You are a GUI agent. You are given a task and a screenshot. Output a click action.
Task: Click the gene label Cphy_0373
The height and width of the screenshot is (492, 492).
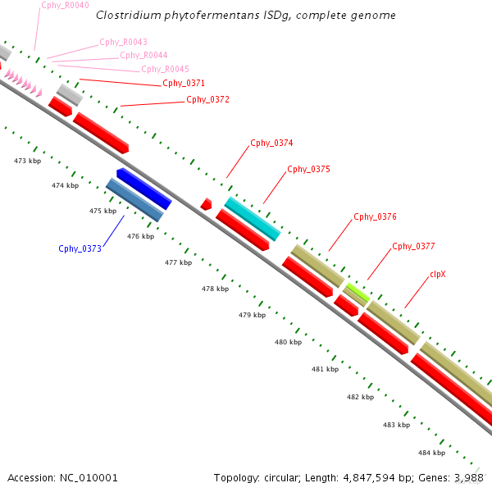pos(80,248)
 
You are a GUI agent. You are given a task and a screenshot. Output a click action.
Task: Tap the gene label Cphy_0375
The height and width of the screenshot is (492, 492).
pos(308,170)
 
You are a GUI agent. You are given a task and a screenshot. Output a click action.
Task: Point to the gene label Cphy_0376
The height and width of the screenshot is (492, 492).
pos(375,217)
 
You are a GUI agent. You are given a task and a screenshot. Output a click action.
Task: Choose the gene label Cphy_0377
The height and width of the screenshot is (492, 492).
pos(413,247)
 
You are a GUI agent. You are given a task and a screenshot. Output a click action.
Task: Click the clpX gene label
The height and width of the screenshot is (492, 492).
pos(438,275)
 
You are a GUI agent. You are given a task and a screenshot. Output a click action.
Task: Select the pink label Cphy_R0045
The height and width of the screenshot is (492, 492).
pos(165,70)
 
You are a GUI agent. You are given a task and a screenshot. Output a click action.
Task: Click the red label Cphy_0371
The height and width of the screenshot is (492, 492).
pos(184,84)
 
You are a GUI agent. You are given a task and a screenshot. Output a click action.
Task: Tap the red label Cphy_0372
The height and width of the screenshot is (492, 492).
pos(207,100)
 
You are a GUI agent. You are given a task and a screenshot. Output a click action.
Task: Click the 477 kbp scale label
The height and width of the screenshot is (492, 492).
pos(178,263)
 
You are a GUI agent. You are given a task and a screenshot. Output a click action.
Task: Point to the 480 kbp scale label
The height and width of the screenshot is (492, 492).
pos(289,342)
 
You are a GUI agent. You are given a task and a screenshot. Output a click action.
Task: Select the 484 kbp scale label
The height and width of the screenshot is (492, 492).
pos(431,453)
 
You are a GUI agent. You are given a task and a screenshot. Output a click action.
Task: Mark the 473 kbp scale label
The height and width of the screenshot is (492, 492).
pos(28,161)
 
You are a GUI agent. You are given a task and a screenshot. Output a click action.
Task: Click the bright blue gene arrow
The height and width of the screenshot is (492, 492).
pos(143,189)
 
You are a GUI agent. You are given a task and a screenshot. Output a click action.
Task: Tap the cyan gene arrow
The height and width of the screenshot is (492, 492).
pos(252,218)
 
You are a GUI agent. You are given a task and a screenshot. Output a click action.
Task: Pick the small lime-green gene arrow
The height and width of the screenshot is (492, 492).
pos(356,291)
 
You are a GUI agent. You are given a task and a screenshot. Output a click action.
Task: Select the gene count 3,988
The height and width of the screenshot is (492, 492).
pos(469,477)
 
